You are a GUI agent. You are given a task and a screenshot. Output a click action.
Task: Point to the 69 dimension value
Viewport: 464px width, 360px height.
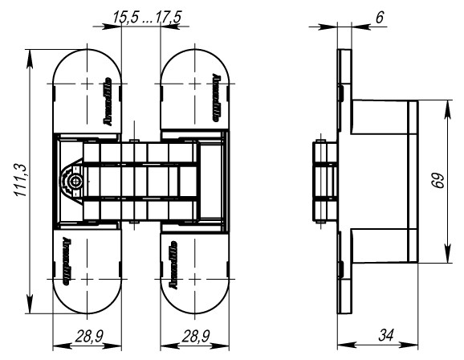pyautogui.click(x=436, y=182)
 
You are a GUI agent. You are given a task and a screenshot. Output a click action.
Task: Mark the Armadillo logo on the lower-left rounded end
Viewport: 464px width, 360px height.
pyautogui.click(x=64, y=263)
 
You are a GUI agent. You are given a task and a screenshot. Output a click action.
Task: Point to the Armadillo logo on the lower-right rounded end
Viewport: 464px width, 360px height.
pyautogui.click(x=173, y=263)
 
